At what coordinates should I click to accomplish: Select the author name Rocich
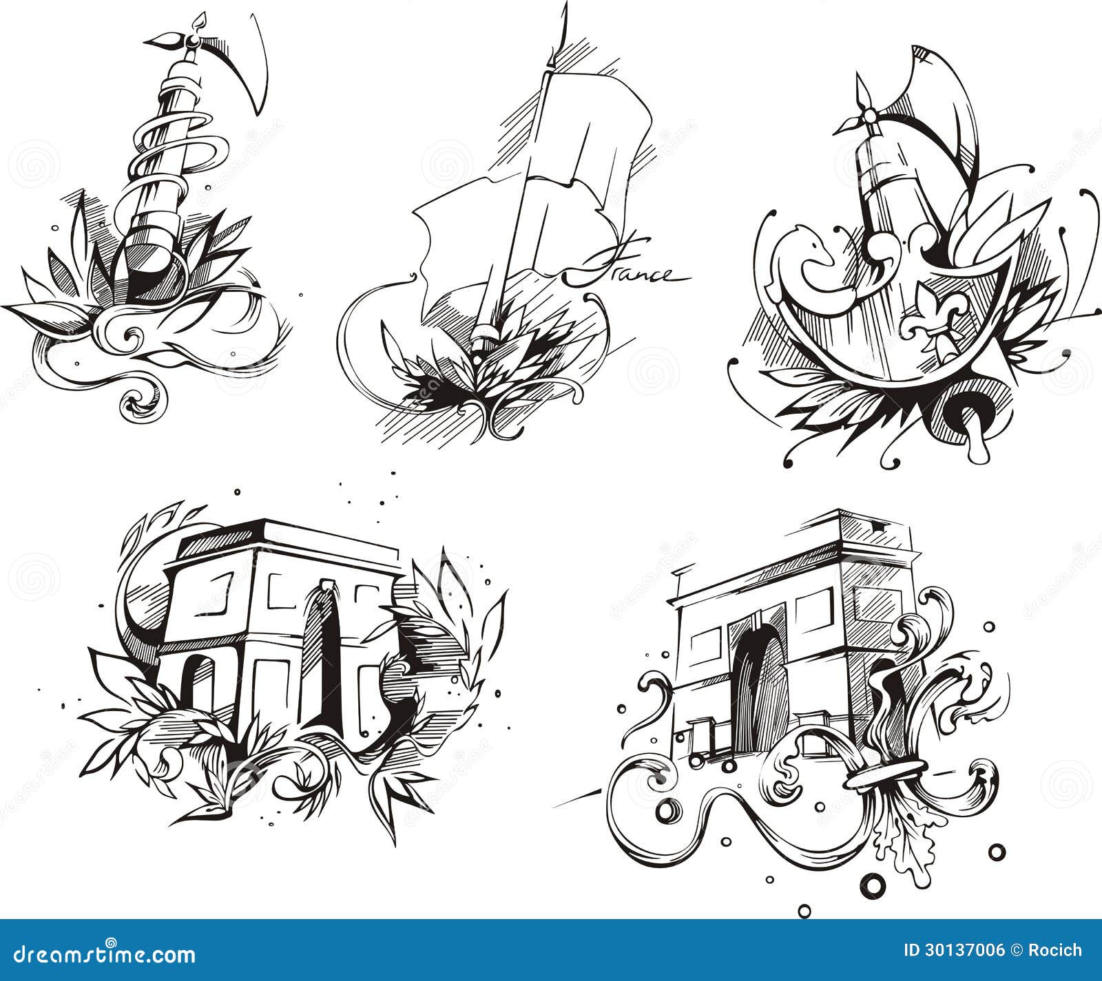[1057, 951]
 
